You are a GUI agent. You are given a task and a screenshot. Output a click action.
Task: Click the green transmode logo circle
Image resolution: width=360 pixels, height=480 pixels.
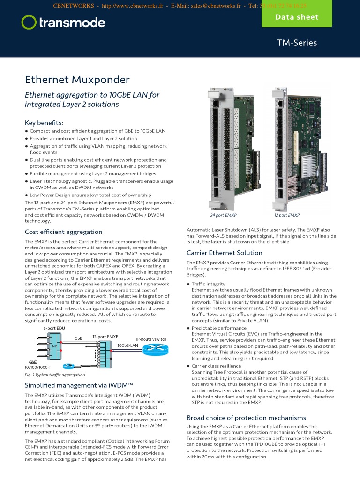tap(29, 22)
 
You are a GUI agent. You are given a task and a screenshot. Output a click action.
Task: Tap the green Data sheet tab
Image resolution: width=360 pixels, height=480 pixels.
tap(296, 17)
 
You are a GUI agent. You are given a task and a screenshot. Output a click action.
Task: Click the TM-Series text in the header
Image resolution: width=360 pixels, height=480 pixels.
tap(297, 43)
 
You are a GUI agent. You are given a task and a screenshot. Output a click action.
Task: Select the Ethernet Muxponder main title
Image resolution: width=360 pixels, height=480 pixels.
tap(77, 80)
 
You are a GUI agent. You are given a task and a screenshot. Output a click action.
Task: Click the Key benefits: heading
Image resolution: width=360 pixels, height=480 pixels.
tap(44, 122)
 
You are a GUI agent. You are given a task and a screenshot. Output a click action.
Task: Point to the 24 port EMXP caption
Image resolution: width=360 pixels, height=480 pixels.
tap(223, 215)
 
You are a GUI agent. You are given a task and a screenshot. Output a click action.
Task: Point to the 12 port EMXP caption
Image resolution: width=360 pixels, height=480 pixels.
tap(286, 215)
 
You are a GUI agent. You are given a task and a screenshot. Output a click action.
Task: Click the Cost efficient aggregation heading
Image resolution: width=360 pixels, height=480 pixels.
tap(63, 232)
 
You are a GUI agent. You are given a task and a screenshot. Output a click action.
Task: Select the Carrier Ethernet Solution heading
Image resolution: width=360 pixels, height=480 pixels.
tap(225, 253)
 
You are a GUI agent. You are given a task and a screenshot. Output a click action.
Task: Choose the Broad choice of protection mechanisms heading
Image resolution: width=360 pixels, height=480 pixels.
tap(246, 418)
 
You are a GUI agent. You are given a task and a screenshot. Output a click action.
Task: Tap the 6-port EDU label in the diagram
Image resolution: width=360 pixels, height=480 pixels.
tap(54, 328)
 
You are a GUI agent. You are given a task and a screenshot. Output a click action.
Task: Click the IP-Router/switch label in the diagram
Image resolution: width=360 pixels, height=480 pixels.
tap(151, 339)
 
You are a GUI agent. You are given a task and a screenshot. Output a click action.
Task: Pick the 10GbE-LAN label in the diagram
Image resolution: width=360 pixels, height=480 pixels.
tap(127, 345)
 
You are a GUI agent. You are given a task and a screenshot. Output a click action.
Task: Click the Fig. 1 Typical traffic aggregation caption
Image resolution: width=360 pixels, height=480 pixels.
tap(55, 375)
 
